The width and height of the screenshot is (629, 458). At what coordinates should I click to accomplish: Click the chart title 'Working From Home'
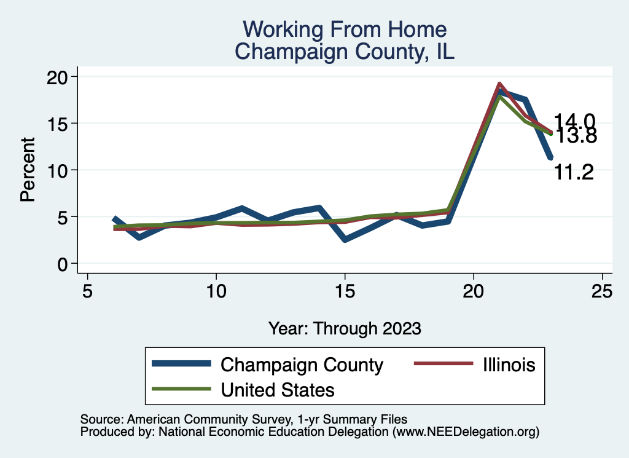coord(345,30)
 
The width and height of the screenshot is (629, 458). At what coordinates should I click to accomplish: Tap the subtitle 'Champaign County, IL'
coord(345,52)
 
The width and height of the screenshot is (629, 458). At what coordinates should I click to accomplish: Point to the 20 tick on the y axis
coord(61,76)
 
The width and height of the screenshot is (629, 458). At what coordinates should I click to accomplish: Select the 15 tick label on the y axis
coord(61,123)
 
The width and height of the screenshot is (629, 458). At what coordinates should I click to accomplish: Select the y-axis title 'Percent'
coord(28,170)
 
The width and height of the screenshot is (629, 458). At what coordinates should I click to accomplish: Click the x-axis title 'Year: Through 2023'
coord(345,328)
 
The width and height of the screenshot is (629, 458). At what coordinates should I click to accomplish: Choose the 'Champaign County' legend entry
coord(302,365)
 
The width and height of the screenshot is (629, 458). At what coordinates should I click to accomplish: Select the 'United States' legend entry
coord(278,389)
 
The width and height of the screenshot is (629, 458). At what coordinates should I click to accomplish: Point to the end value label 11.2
coord(574,173)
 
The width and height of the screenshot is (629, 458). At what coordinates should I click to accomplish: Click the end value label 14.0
coord(574,121)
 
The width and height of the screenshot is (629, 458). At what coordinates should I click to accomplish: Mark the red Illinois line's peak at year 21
coord(499,84)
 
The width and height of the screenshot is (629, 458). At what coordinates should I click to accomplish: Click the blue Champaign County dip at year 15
coord(345,239)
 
